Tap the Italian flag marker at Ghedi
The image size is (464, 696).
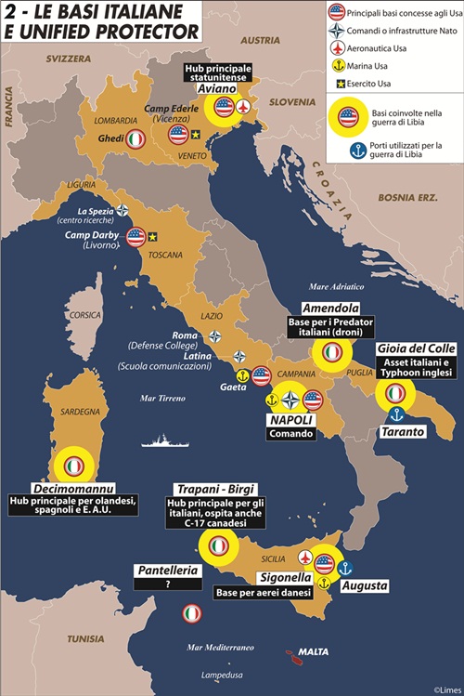(135, 139)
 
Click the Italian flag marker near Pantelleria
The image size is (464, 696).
(191, 614)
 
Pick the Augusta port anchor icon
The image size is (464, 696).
(345, 567)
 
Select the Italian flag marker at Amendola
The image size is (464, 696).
(331, 353)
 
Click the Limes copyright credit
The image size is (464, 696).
(444, 689)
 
